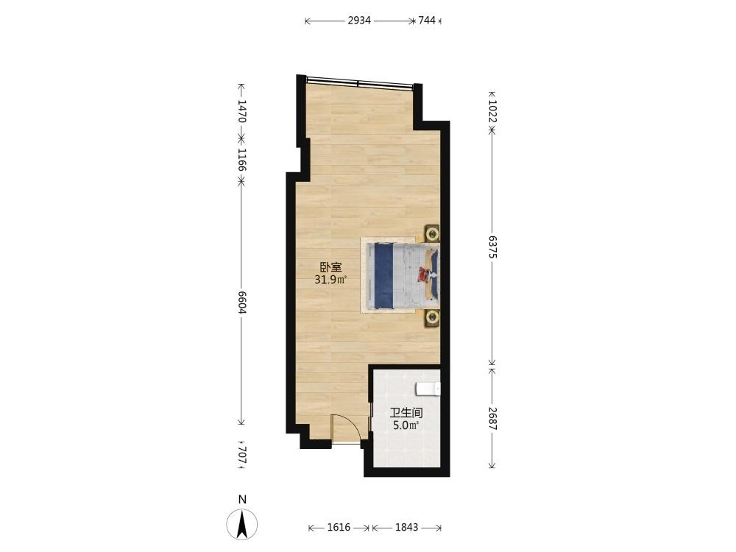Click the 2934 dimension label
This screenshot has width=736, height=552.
point(359,20)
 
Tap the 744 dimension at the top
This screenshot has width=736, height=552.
point(427,20)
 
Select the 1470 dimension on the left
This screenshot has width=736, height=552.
point(241,111)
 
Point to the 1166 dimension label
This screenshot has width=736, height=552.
point(241,160)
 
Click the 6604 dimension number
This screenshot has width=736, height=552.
point(241,302)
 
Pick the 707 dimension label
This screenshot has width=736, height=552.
point(241,455)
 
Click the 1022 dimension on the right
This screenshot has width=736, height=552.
point(492,111)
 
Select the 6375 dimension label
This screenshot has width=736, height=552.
point(492,247)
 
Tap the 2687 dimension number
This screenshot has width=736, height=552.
point(492,418)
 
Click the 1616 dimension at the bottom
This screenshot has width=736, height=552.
point(339,527)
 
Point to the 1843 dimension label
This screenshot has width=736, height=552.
point(406,527)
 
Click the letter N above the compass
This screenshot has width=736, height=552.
point(242,500)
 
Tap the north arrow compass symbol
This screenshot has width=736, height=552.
point(242,524)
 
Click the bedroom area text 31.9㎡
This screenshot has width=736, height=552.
point(330,280)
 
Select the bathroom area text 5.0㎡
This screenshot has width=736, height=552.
point(406,425)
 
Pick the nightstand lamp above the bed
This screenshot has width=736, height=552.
point(432,233)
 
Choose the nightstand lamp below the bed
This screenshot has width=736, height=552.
point(432,318)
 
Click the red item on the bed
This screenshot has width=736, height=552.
point(425,274)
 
